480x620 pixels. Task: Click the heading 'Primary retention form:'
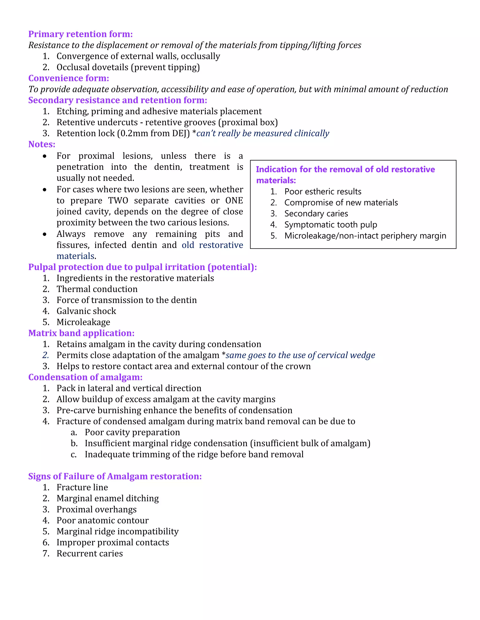point(80,34)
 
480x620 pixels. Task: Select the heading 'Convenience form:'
point(68,78)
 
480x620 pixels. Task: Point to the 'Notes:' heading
point(42,144)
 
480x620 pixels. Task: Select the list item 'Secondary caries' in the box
point(316,213)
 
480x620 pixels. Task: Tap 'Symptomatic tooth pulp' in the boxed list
point(330,225)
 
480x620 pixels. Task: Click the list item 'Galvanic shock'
point(86,311)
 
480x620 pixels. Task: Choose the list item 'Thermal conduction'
point(97,289)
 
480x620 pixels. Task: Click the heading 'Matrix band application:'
point(81,333)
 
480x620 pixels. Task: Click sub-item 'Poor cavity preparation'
point(132,432)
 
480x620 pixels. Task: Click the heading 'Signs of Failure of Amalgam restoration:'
point(115,476)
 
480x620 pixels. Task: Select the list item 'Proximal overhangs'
point(96,510)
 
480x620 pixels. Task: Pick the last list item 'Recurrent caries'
point(90,554)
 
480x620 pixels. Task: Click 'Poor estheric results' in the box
point(323,192)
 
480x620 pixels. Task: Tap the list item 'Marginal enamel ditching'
point(108,499)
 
